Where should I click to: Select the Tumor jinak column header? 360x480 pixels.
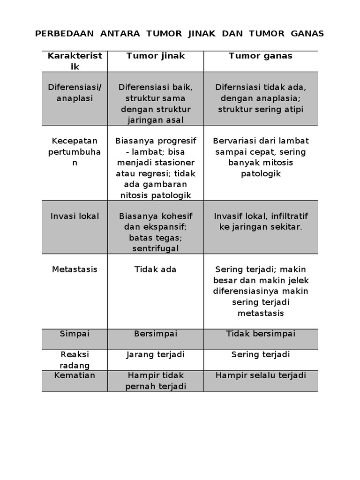pos(156,56)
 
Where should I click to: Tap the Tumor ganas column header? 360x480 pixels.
pos(261,56)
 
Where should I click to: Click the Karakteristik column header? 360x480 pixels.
pos(75,61)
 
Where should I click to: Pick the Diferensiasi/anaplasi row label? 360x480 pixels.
pos(75,93)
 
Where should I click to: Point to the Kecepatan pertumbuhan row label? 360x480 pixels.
pos(75,152)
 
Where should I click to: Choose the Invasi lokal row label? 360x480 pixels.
pos(75,216)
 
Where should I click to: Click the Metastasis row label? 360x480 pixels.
pos(75,270)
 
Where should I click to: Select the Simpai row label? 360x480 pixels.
pos(75,333)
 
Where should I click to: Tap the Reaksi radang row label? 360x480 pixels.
pos(75,360)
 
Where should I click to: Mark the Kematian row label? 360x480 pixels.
pos(75,375)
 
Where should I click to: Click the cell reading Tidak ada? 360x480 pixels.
pos(156,270)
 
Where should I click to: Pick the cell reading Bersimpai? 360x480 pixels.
pos(156,333)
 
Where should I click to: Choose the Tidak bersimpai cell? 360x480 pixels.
pos(261,333)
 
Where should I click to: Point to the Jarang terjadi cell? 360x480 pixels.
pos(156,354)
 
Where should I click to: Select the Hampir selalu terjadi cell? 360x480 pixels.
pos(261,375)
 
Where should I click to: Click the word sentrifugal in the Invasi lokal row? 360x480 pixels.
pos(156,248)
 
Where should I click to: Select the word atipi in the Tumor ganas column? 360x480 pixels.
pos(293,109)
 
